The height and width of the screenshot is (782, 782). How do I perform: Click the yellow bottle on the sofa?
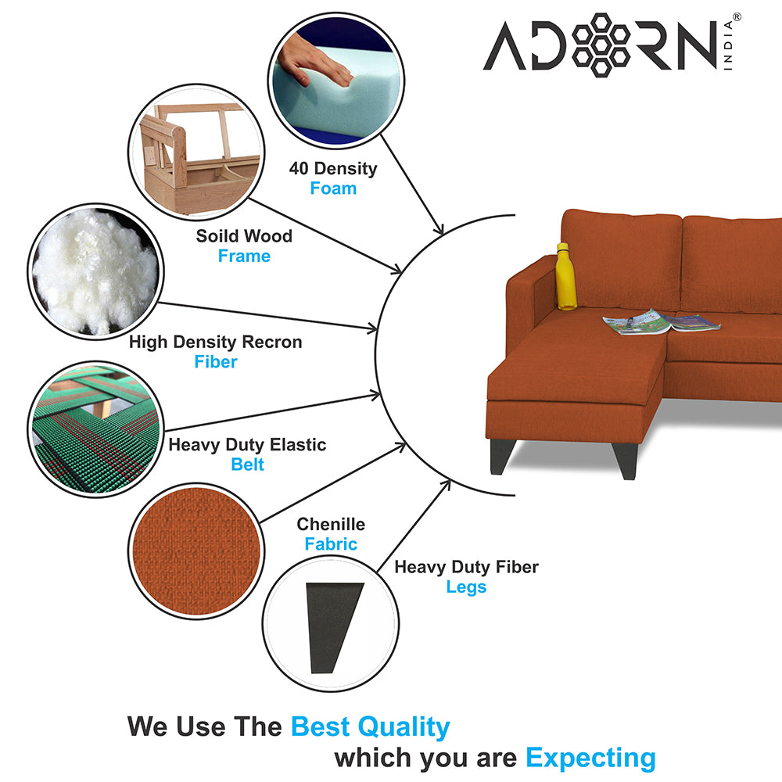pos(565,277)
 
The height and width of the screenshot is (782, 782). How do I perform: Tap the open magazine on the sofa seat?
pos(662,322)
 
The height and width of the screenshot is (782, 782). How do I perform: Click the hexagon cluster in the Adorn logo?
pos(601,45)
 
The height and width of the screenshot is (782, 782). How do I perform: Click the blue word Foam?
pos(333,188)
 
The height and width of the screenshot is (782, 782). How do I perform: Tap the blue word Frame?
pos(244,256)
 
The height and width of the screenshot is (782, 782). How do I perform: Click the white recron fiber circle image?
pos(95,272)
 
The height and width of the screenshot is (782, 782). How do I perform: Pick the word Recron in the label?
pos(272,343)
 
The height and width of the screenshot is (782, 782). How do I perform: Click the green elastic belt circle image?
pos(95,429)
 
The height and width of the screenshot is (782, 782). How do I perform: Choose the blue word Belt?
pos(247,465)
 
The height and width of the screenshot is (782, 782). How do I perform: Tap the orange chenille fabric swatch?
pos(196,551)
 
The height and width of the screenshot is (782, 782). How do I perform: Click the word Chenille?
pos(331,524)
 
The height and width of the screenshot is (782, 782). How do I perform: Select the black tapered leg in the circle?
pos(333,627)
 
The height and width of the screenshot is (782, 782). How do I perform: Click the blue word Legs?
pos(466,587)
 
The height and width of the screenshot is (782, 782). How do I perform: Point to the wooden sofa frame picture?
pos(196,152)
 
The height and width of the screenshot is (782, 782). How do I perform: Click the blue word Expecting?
pos(590,759)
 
